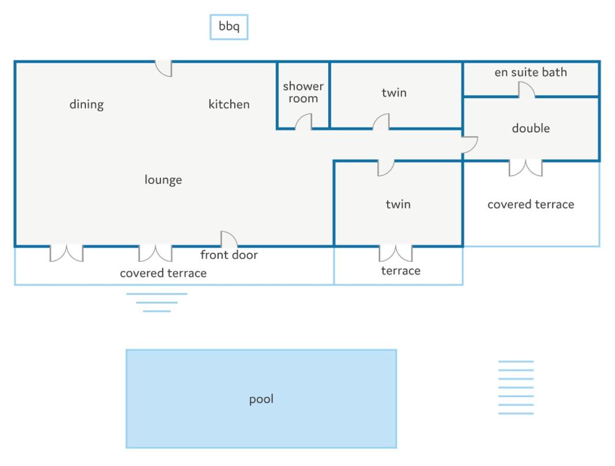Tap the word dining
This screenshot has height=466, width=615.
point(87,104)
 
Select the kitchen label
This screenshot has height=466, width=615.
point(229,104)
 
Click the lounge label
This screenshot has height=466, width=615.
point(163,179)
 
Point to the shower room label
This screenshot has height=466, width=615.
point(303,92)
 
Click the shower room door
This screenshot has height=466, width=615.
point(303,122)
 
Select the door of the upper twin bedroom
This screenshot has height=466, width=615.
point(381,122)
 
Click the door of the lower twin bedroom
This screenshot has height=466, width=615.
point(386,168)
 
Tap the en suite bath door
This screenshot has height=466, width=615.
point(527,90)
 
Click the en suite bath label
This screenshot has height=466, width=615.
point(531,72)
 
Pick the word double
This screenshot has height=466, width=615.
point(531,128)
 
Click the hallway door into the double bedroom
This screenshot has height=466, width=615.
point(470,145)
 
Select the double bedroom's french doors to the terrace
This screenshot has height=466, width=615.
point(526,168)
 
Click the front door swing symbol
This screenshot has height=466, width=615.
point(229,239)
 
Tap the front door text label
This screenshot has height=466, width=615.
point(229,255)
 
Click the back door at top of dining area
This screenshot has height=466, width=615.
point(163,69)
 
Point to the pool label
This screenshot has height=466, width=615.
point(261,399)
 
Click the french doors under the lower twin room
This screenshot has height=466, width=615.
point(396,254)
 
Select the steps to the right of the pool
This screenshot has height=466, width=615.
point(516,387)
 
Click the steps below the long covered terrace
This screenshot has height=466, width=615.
point(157,302)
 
